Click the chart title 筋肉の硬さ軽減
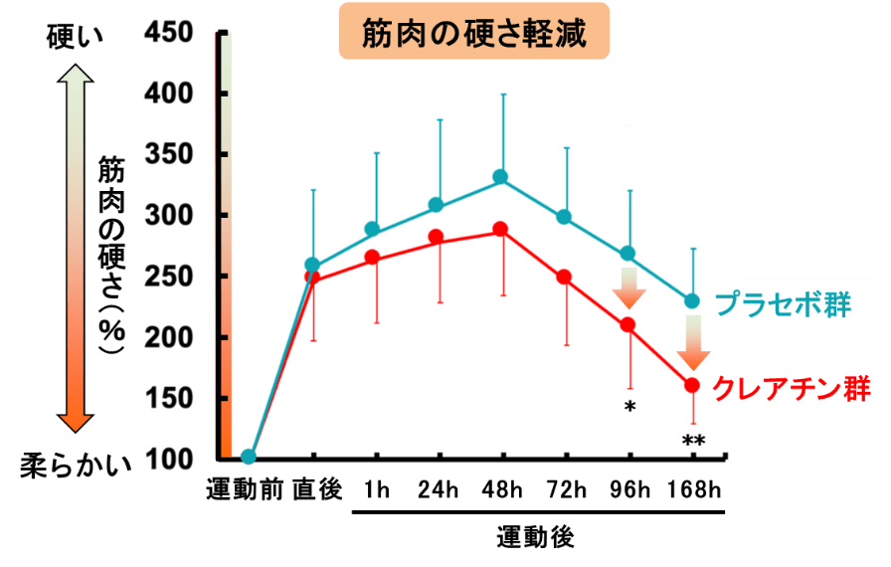click(474, 33)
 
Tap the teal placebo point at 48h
click(500, 177)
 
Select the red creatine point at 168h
click(691, 385)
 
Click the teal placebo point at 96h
click(627, 254)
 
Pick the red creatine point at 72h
click(564, 278)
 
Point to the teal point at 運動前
click(249, 457)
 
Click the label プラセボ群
click(784, 304)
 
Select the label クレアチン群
click(792, 389)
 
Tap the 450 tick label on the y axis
click(168, 33)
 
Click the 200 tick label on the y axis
click(168, 337)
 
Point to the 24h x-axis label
click(438, 488)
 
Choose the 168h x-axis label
click(694, 488)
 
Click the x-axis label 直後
click(317, 488)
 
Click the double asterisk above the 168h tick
click(694, 442)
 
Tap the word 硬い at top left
click(75, 38)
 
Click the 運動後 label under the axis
click(535, 537)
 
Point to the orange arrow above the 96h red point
click(629, 288)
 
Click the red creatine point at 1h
click(372, 258)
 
